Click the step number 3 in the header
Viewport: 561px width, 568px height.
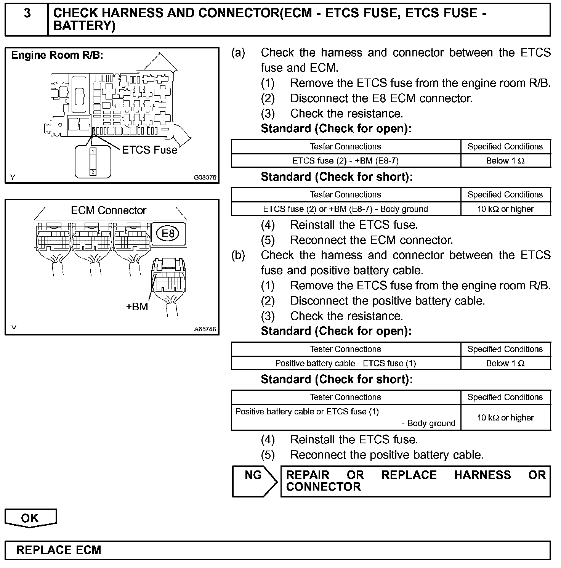point(27,14)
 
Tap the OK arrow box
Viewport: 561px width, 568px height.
point(30,518)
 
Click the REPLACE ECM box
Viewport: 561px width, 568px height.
point(277,550)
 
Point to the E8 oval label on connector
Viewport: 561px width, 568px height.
point(168,233)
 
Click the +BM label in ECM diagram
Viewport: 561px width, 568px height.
point(137,306)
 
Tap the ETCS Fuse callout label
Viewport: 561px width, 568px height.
point(149,150)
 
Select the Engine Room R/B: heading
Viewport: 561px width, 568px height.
point(57,56)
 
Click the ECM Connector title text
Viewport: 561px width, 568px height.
point(109,210)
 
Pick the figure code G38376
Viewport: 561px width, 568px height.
point(205,177)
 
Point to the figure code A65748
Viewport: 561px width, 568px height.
point(205,329)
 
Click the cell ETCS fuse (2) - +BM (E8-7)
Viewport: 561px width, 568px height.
point(345,161)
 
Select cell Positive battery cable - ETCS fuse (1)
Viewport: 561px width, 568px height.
point(345,363)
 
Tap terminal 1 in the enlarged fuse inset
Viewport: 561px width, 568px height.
point(93,151)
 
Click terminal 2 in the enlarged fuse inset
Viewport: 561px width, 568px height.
point(93,172)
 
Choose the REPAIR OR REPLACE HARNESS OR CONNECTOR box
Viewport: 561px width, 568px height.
point(415,481)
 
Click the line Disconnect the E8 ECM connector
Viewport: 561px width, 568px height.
point(381,98)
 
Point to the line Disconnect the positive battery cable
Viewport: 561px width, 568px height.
point(387,301)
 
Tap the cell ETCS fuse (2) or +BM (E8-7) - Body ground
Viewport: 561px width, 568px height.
point(345,209)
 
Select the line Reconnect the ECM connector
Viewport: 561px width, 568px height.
point(372,240)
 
